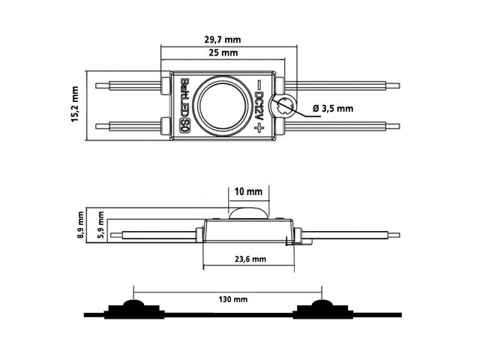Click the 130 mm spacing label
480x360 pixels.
[229, 298]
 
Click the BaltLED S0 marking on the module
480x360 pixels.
[184, 106]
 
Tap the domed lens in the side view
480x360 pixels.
[248, 211]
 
